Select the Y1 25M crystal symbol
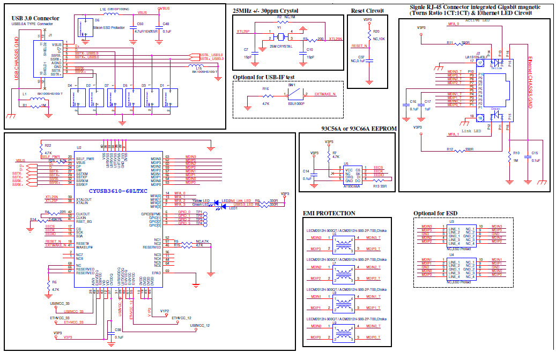click(x=279, y=37)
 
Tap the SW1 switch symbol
click(x=292, y=95)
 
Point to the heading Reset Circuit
click(x=367, y=11)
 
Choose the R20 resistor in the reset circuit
click(x=368, y=34)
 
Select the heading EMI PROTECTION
click(x=329, y=213)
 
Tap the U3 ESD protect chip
click(x=461, y=234)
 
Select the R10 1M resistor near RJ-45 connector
click(x=508, y=156)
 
